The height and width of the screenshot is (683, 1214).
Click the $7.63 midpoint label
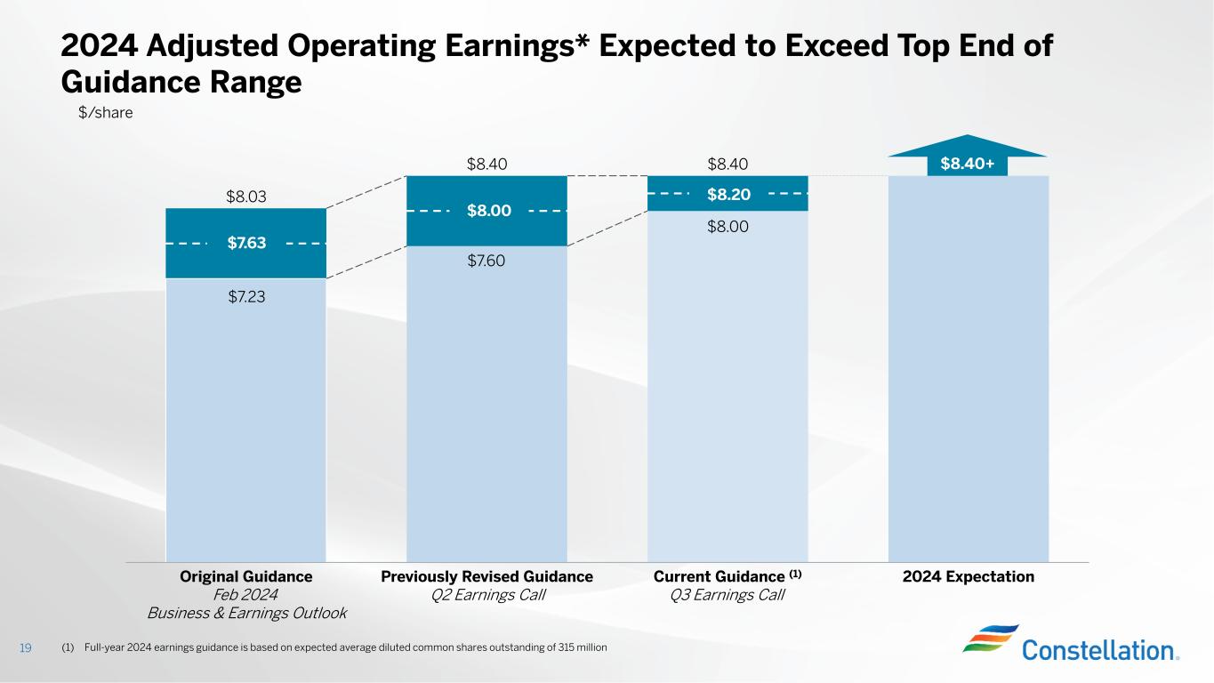click(x=246, y=244)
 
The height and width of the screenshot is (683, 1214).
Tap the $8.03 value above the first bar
click(x=246, y=196)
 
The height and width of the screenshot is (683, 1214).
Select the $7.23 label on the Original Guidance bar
click(x=246, y=296)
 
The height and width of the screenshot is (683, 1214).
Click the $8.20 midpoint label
click(x=728, y=193)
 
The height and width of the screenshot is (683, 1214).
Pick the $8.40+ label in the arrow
click(x=967, y=164)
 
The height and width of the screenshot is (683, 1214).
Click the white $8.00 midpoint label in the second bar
click(x=488, y=211)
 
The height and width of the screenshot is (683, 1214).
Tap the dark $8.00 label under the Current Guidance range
click(x=728, y=227)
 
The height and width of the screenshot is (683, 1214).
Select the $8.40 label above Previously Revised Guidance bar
click(x=486, y=164)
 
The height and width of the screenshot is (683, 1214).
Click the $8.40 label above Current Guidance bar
click(x=728, y=164)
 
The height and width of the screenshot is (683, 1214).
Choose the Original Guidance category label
click(x=246, y=576)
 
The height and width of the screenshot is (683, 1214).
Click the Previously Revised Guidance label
click(x=486, y=576)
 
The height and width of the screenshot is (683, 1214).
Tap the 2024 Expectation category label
click(x=969, y=576)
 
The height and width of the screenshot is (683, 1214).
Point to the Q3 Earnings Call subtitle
click(x=728, y=595)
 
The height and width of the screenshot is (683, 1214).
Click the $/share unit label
click(x=106, y=113)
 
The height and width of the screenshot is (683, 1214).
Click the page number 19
click(x=25, y=647)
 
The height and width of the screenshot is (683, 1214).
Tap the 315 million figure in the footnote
click(x=583, y=647)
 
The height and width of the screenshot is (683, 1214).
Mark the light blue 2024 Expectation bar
click(x=969, y=374)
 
